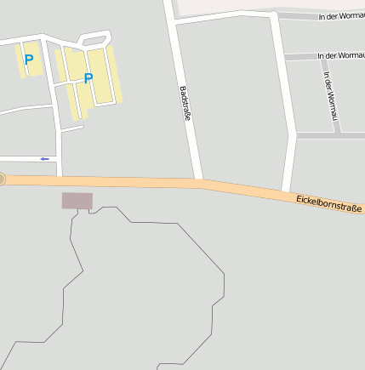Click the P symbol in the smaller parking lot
point(29,60)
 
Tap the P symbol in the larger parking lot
point(88,78)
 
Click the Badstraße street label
point(185,103)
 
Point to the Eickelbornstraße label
point(329,203)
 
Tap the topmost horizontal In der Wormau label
point(341,16)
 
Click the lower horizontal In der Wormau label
point(340,56)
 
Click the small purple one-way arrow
point(45,158)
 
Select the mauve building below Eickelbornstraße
point(77,201)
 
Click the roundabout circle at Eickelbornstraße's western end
point(2,179)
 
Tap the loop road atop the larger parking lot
point(94,38)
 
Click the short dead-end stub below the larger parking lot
point(72,129)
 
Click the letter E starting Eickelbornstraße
point(299,197)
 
